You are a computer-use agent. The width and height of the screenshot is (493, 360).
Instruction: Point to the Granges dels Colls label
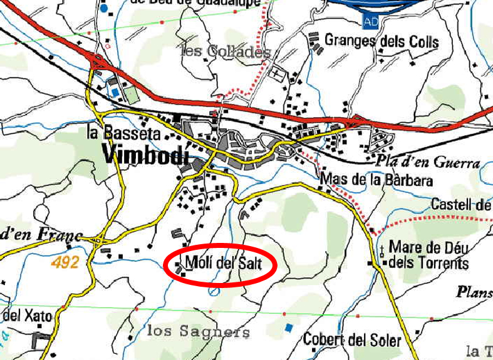pyautogui.click(x=381, y=41)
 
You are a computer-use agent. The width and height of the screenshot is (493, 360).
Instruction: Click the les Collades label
pyautogui.click(x=226, y=51)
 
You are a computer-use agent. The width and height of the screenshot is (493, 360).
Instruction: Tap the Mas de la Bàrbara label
pyautogui.click(x=376, y=180)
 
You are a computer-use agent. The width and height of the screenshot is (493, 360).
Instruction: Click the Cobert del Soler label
pyautogui.click(x=351, y=340)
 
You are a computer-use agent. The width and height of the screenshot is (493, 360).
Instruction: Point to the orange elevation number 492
pyautogui.click(x=65, y=263)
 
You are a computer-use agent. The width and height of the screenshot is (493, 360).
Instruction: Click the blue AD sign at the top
pyautogui.click(x=370, y=22)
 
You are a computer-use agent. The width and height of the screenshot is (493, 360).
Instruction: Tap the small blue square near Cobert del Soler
pyautogui.click(x=288, y=327)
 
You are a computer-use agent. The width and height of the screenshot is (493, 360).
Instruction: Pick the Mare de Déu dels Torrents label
pyautogui.click(x=429, y=255)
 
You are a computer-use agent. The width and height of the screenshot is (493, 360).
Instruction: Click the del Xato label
pyautogui.click(x=26, y=315)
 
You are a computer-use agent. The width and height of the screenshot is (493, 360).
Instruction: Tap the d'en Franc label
pyautogui.click(x=41, y=235)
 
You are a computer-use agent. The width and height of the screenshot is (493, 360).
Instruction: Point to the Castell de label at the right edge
pyautogui.click(x=461, y=204)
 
